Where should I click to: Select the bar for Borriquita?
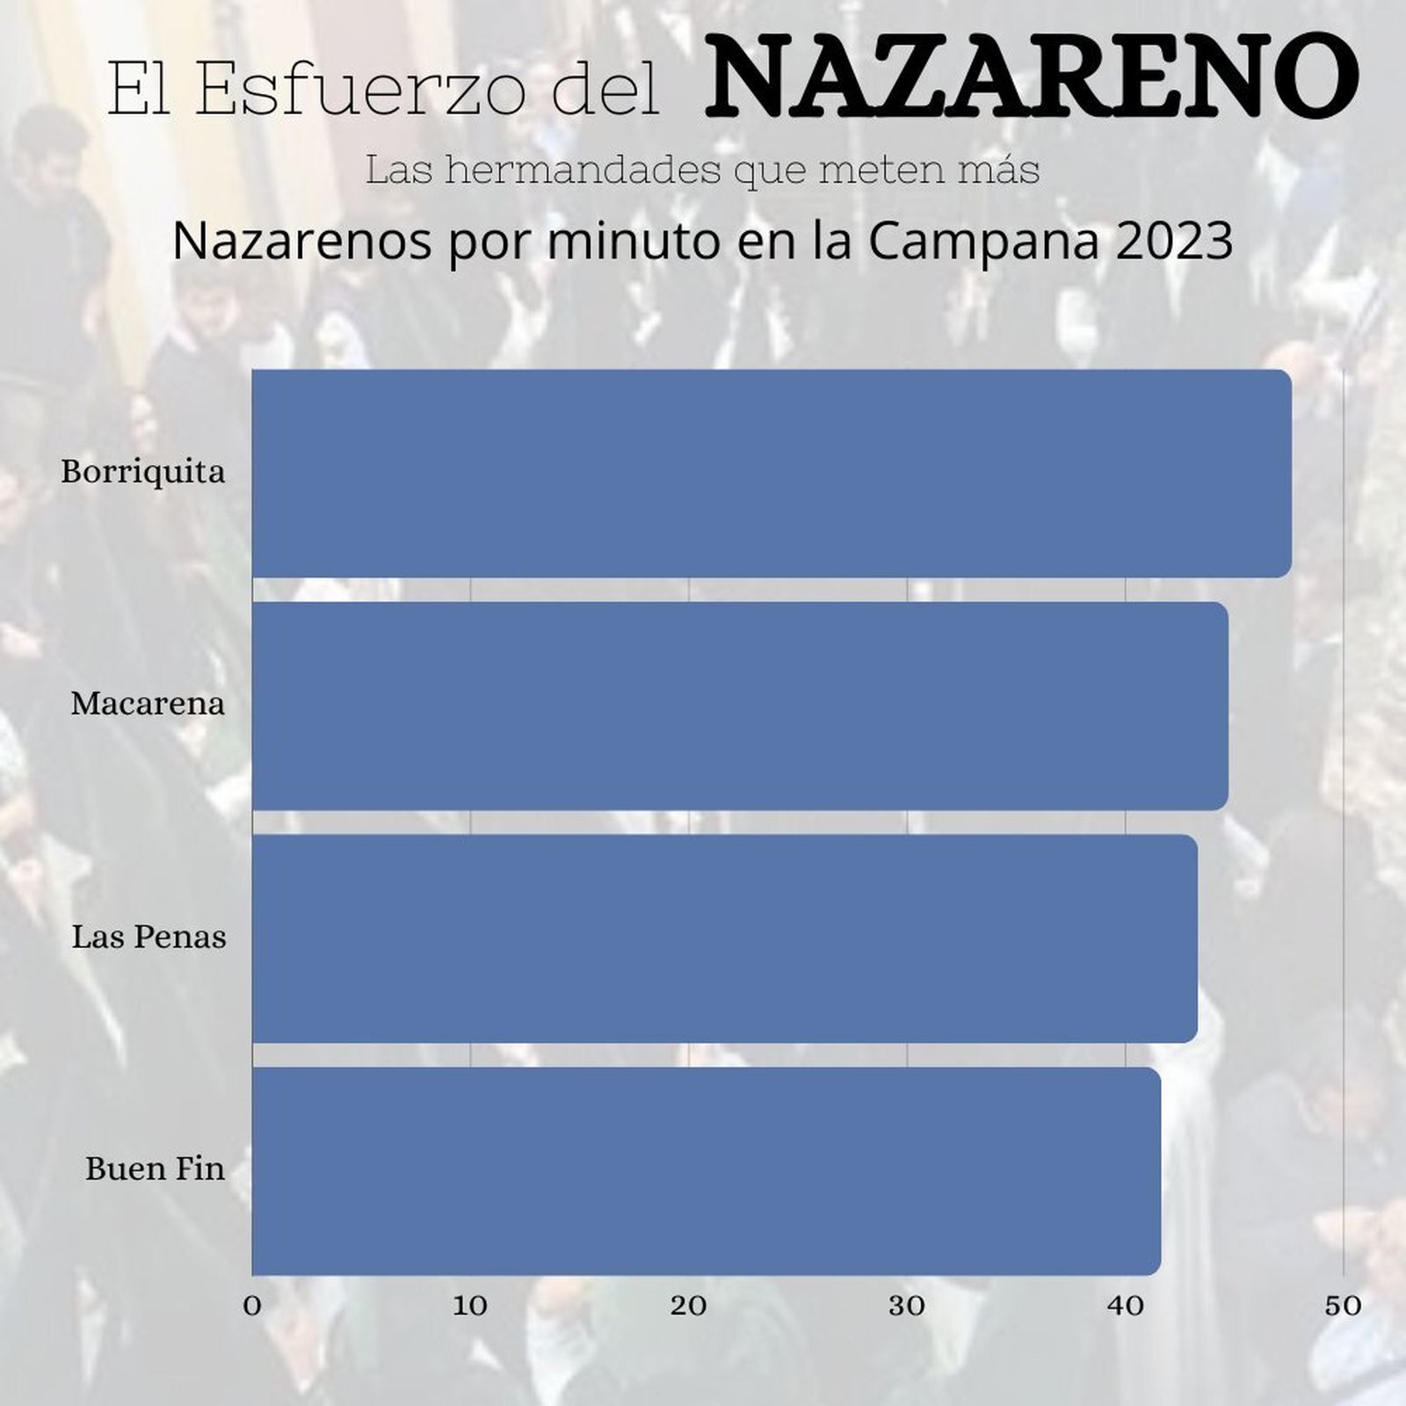coord(772,474)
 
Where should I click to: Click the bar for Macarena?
coord(740,706)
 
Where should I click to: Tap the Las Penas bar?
coord(724,939)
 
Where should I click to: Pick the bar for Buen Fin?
coord(706,1170)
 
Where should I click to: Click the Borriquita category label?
coord(143,473)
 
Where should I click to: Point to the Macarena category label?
coord(148,705)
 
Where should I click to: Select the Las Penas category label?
coord(149,938)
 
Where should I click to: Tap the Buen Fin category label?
coord(155,1170)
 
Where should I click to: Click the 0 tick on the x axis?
coord(252,1306)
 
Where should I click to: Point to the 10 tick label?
coord(470,1306)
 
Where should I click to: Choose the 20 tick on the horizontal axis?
coord(688,1306)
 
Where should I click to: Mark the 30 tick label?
coord(906,1306)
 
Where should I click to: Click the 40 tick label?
coord(1125,1306)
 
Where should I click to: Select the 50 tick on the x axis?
coord(1343,1306)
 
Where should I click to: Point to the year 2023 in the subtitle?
coord(1175,242)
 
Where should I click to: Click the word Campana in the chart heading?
coord(983,242)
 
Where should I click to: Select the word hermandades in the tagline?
coord(583,170)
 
